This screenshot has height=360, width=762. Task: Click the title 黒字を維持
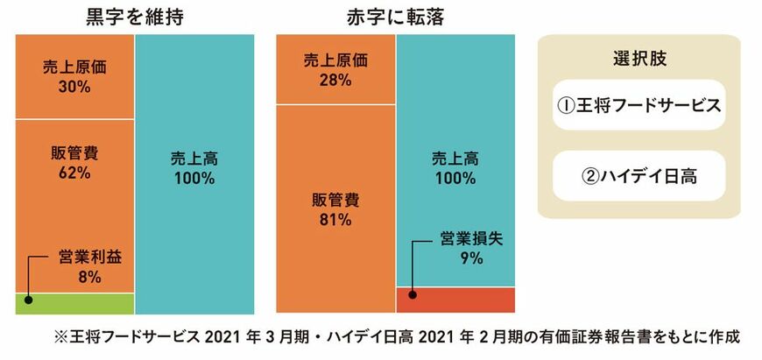coord(134,16)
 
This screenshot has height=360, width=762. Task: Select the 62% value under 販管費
coord(74,173)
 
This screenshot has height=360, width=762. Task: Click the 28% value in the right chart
coord(335,80)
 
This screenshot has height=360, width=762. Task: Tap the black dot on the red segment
coord(412,293)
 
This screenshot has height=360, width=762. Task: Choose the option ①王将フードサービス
coord(639,106)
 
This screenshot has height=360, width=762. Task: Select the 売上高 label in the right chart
coord(455,159)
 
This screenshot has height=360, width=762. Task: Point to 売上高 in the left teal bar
coord(194,159)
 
